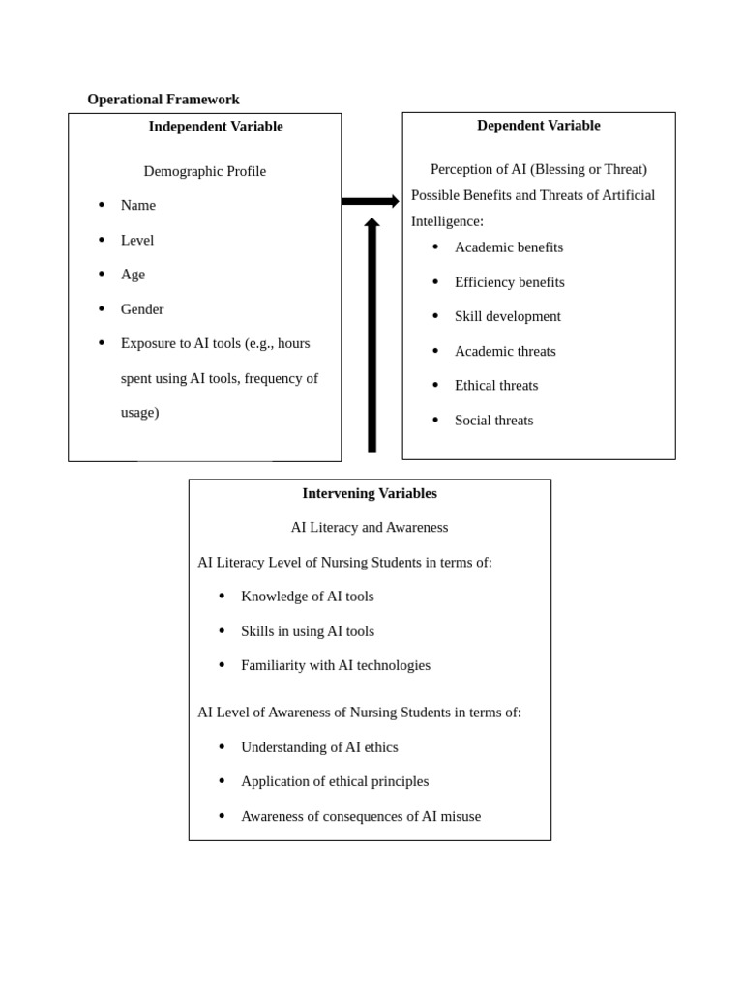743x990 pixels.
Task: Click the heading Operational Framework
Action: tap(163, 100)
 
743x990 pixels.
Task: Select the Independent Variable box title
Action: tap(216, 127)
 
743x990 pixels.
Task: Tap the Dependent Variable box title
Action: tap(538, 126)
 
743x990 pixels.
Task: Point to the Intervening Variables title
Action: tap(370, 493)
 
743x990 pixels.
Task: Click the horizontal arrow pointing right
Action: tap(370, 201)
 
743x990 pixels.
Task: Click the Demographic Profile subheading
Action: tap(204, 171)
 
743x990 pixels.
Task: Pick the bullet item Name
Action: tap(138, 206)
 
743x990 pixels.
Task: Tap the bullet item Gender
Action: tap(142, 309)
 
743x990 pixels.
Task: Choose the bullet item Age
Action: tap(133, 275)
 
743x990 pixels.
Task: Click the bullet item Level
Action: tap(137, 241)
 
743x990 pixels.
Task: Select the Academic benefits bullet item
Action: tap(509, 247)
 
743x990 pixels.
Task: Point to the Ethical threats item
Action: tap(496, 386)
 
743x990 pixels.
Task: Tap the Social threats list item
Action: tap(493, 421)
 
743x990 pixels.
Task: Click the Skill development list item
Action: tap(508, 316)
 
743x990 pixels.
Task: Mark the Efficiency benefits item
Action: tap(510, 282)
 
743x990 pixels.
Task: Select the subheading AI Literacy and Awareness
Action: tap(370, 528)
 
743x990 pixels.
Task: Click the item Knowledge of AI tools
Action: tap(308, 597)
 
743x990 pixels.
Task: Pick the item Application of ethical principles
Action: tap(335, 781)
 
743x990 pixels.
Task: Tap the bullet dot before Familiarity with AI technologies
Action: tap(222, 665)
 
